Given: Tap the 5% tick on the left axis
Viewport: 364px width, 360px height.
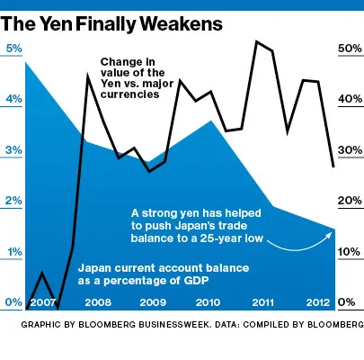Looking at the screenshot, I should click(14, 49).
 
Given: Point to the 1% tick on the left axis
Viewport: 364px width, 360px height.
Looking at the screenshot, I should click(14, 253).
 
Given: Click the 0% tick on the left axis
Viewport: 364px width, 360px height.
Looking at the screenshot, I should click(14, 302).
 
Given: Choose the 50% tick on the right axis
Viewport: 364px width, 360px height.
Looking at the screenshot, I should click(348, 49).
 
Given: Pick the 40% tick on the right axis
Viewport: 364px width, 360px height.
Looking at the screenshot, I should click(348, 100).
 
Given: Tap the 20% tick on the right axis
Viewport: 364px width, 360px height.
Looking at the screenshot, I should click(348, 202).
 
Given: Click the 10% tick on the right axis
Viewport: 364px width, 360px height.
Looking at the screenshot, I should click(348, 253).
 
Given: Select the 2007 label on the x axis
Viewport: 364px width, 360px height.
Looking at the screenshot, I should click(43, 302).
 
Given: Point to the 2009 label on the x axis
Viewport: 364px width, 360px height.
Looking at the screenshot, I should click(153, 302).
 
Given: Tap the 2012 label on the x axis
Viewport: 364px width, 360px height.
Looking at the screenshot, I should click(317, 302).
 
